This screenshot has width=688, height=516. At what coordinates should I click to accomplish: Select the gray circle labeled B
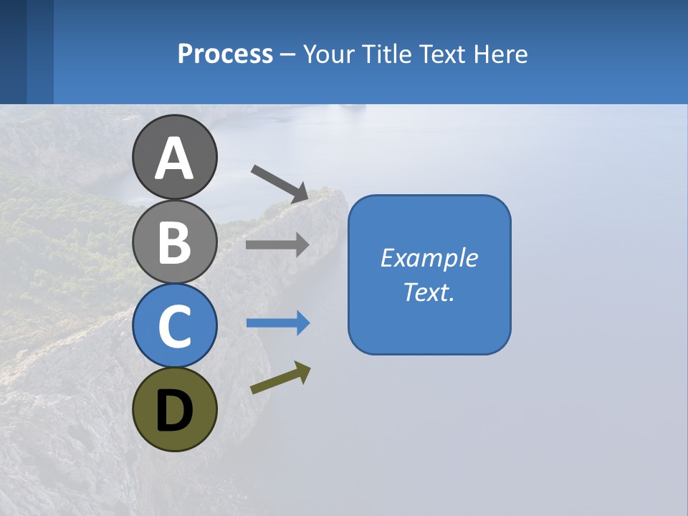coord(174,242)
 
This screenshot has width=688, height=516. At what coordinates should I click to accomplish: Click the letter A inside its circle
coord(174,158)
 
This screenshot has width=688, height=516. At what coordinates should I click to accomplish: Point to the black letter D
coord(174,411)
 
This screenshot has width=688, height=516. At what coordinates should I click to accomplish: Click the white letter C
coord(174,327)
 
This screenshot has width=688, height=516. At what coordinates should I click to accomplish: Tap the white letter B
coord(174,242)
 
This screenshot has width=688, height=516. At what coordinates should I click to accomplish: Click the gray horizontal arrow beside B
coord(277,244)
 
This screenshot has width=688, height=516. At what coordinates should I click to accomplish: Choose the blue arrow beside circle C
coord(277,323)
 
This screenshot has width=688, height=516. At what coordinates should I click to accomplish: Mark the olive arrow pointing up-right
coord(280,378)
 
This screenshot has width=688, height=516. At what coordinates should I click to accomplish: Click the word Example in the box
coord(429,258)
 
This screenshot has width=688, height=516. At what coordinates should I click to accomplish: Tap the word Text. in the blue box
coord(429,292)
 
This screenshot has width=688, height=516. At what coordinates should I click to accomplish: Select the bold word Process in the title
coord(225,54)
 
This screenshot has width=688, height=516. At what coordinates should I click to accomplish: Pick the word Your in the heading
coord(329,54)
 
